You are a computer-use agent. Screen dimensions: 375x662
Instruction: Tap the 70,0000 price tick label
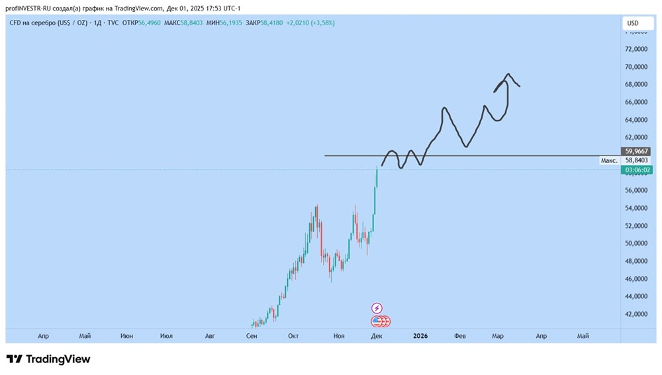pyautogui.click(x=636, y=67)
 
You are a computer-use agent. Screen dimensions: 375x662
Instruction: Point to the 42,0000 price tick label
pyautogui.click(x=636, y=314)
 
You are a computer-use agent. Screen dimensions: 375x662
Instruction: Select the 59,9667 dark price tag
pyautogui.click(x=636, y=151)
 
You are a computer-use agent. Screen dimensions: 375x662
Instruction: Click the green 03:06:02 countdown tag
pyautogui.click(x=636, y=170)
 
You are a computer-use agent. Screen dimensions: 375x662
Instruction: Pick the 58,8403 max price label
pyautogui.click(x=636, y=160)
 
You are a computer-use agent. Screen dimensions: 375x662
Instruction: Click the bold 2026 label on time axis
pyautogui.click(x=420, y=336)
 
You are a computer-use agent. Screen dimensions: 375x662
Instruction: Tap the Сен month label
pyautogui.click(x=251, y=336)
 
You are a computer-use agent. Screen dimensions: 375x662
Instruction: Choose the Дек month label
pyautogui.click(x=377, y=336)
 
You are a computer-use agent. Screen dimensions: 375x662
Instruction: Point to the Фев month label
pyautogui.click(x=460, y=336)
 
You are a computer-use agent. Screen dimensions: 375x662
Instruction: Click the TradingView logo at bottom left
pyautogui.click(x=48, y=359)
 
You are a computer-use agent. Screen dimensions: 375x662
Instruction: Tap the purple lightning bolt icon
pyautogui.click(x=377, y=308)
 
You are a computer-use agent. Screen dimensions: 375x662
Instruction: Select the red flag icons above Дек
pyautogui.click(x=381, y=321)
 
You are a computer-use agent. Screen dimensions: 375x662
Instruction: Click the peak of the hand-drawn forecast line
pyautogui.click(x=508, y=74)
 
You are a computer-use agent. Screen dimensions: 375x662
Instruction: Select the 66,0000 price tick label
pyautogui.click(x=636, y=102)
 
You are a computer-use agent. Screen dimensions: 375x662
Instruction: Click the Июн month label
pyautogui.click(x=126, y=336)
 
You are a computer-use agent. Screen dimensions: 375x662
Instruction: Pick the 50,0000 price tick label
pyautogui.click(x=636, y=243)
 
